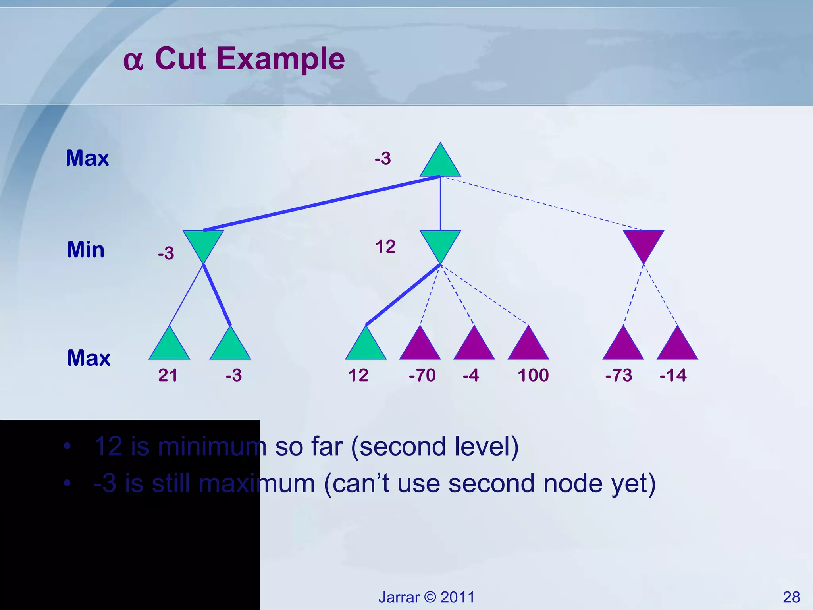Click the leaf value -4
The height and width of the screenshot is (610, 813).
471,375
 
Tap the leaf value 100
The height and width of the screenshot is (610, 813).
533,375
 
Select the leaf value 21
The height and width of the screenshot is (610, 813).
168,375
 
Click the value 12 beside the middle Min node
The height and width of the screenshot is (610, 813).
385,247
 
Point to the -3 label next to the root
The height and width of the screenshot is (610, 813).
383,159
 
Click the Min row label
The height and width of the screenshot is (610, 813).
86,250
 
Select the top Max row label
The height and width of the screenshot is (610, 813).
87,158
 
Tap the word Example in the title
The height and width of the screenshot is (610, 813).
281,59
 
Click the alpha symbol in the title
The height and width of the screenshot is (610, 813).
133,62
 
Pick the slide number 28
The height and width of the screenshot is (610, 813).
791,597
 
